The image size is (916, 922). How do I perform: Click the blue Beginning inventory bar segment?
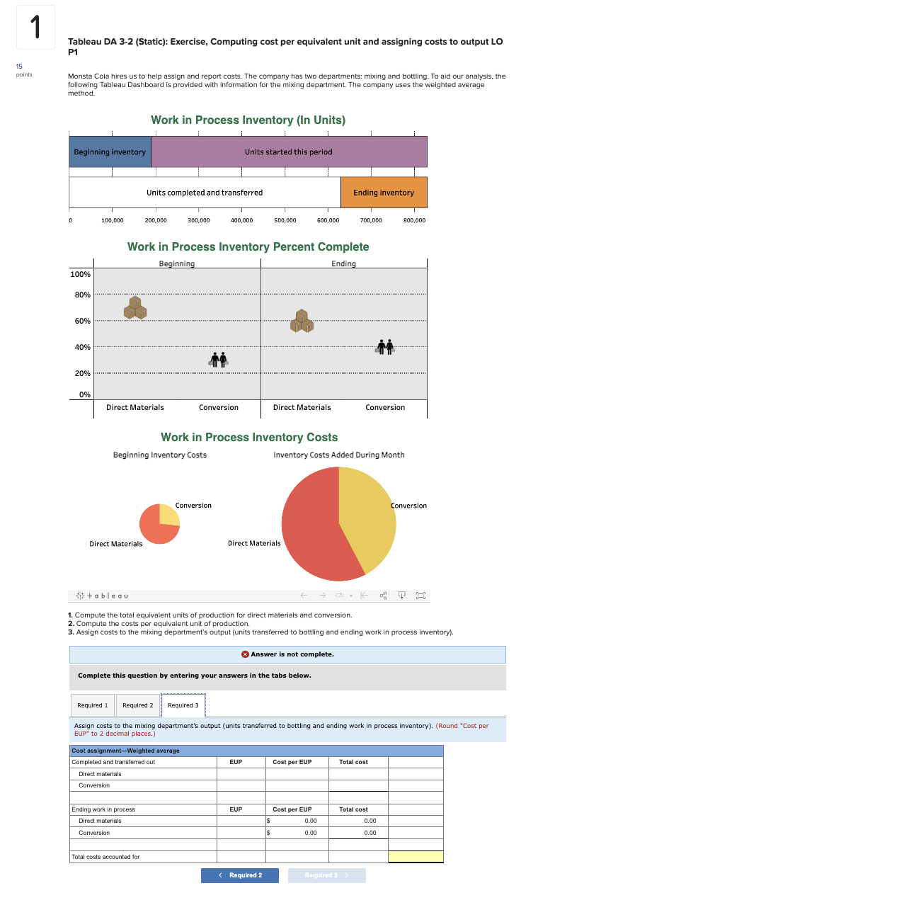[110, 152]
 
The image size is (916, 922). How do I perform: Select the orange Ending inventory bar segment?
[384, 193]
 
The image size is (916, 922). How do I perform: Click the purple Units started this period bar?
[289, 152]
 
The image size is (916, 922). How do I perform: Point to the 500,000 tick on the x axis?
[285, 220]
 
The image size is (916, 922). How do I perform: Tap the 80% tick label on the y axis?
[82, 295]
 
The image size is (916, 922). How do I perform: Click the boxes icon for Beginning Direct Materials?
[135, 307]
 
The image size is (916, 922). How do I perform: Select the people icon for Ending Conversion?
[385, 347]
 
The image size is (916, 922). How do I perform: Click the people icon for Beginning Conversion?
[219, 360]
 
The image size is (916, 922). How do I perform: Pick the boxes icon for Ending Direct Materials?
[302, 321]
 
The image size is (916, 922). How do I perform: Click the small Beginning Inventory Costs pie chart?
[159, 524]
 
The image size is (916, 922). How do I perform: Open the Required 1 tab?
[93, 705]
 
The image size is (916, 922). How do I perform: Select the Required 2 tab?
[137, 705]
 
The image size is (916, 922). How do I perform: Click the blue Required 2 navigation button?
[240, 875]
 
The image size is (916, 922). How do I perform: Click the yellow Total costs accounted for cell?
[416, 857]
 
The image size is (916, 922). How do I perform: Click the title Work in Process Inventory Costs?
[249, 438]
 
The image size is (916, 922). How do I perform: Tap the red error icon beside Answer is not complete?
[245, 654]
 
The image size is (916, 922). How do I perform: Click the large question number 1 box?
[35, 28]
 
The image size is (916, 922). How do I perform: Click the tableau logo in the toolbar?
[103, 596]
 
